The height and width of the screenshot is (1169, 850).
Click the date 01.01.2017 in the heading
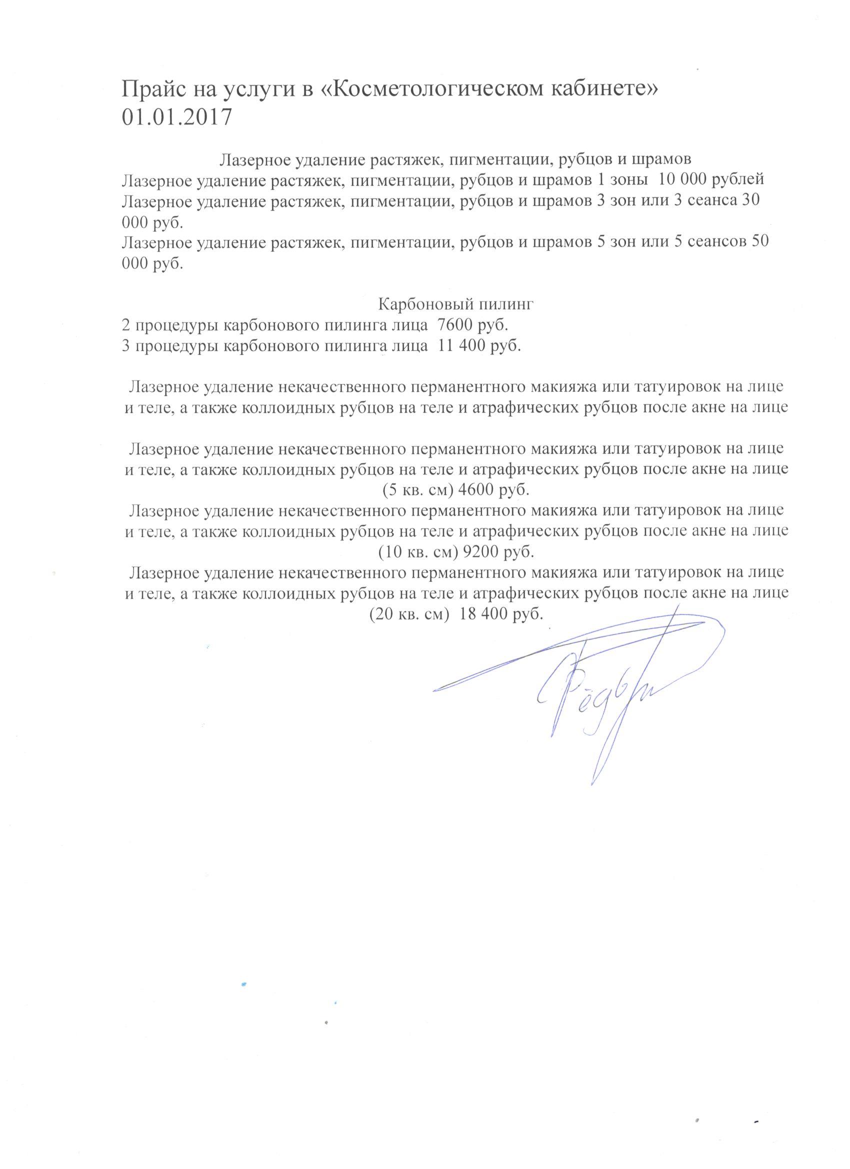pos(177,117)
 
